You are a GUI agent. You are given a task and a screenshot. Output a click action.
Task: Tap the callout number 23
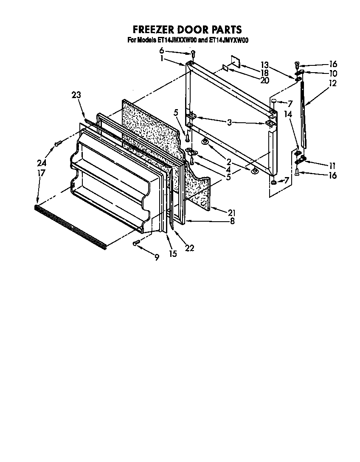click(x=76, y=96)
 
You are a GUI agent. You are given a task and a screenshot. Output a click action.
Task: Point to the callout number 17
click(x=41, y=173)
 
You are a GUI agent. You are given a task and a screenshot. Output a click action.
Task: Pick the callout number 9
click(x=157, y=257)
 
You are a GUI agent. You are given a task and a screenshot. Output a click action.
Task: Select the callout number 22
click(x=189, y=248)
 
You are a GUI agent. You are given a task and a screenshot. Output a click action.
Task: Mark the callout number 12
click(x=332, y=84)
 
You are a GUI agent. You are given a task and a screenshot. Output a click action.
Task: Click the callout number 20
click(x=264, y=80)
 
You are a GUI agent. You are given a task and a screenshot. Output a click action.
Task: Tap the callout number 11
click(x=332, y=166)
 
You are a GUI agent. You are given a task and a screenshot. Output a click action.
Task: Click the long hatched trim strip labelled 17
click(x=70, y=225)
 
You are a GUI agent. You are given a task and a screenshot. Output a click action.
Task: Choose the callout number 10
click(x=332, y=73)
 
